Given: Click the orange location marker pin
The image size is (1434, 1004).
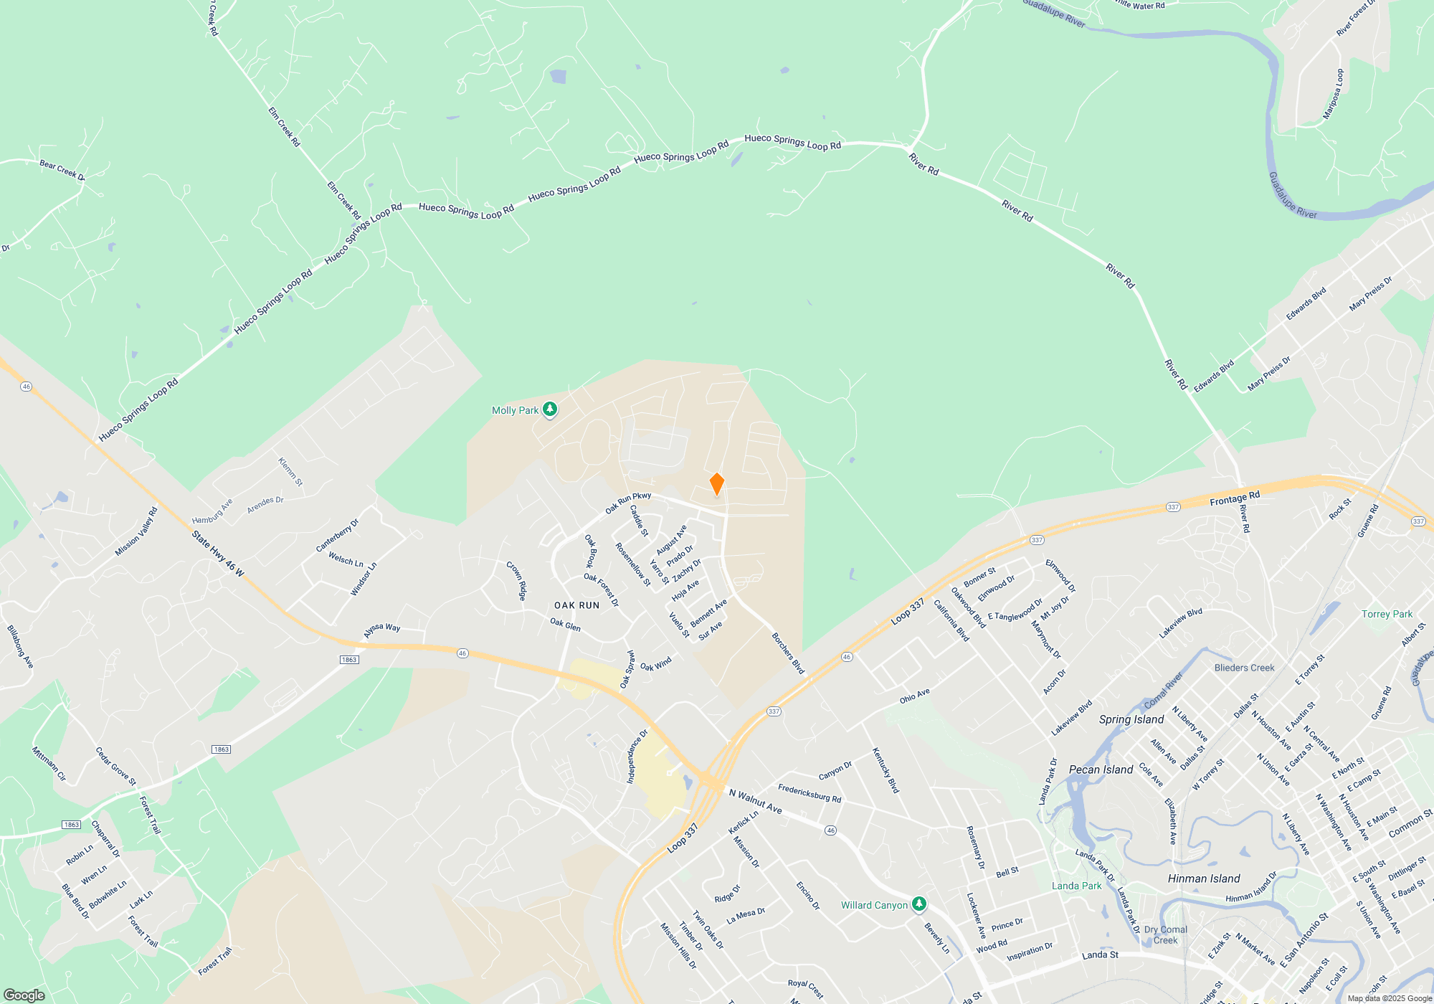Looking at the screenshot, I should point(716,484).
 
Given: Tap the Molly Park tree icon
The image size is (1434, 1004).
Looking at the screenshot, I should point(550,409).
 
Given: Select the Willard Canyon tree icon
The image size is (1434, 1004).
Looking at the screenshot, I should point(918,904).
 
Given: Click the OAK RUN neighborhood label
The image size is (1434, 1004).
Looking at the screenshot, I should point(576,605).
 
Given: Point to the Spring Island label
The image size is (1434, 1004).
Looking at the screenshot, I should point(1131,719).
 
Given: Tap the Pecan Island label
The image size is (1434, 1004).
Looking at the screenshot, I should point(1101,769).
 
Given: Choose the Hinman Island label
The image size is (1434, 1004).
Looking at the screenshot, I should point(1203,879).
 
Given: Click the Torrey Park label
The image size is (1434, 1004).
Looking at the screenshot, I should point(1387,614).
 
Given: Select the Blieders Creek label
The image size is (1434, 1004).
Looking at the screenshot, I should point(1244,668).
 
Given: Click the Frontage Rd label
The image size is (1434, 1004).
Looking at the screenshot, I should point(1234,498).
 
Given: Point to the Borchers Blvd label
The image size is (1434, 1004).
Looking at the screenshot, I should point(788,653).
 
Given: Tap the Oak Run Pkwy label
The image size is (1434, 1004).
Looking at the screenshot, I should point(628,502).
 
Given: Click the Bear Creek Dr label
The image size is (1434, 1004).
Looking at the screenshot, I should point(62,171).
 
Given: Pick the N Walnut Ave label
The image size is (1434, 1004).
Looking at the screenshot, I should point(755,801).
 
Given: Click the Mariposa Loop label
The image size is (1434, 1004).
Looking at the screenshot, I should point(1333,94).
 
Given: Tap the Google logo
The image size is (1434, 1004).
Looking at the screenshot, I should point(24,995).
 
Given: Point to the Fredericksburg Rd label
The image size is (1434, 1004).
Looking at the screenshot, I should point(809,793).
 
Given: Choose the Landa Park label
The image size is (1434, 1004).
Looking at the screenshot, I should point(1076,886).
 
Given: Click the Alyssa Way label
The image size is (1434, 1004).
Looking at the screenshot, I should point(381,630).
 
